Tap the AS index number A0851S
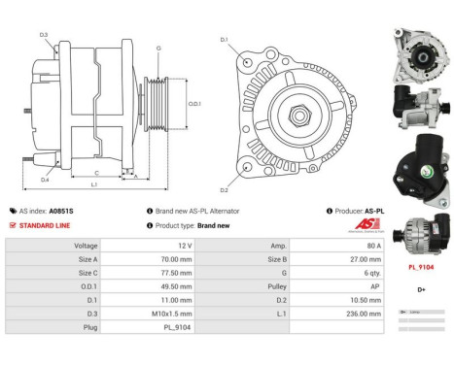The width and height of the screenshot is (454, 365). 62,210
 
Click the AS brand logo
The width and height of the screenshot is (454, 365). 367,225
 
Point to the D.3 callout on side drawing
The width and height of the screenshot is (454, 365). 44,35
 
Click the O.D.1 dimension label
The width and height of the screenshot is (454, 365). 194,104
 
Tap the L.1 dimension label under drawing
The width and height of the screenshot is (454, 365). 94,184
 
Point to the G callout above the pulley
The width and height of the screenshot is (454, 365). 158,47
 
